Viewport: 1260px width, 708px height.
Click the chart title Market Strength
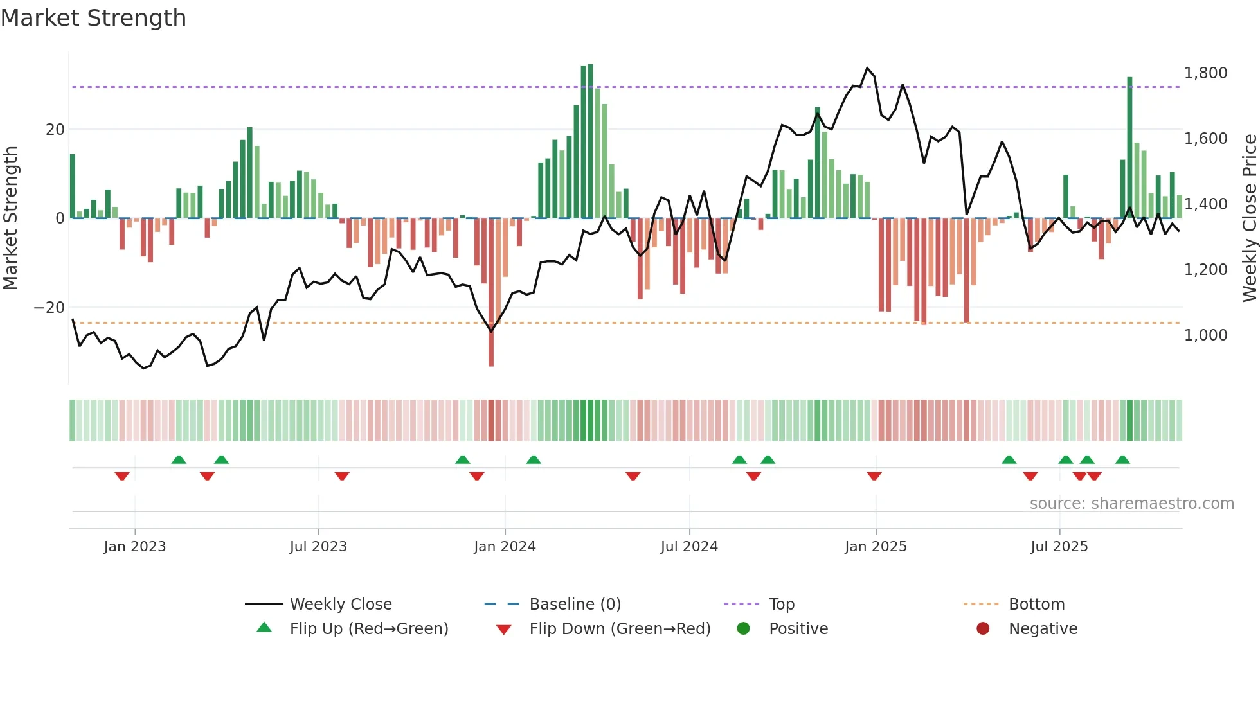pyautogui.click(x=93, y=18)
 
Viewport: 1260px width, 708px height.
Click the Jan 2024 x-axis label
pyautogui.click(x=505, y=547)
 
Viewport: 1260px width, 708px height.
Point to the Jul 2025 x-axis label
pyautogui.click(x=1059, y=547)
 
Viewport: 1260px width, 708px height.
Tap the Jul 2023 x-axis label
pyautogui.click(x=318, y=547)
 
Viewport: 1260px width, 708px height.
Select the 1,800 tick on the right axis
pyautogui.click(x=1205, y=73)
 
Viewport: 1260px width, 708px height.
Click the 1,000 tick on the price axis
pyautogui.click(x=1205, y=335)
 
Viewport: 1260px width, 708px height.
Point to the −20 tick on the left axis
pyautogui.click(x=50, y=308)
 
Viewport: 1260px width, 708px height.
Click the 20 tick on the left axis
pyautogui.click(x=55, y=130)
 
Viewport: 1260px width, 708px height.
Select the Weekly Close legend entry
pyautogui.click(x=340, y=605)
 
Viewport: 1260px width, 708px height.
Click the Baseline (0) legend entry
pyautogui.click(x=575, y=605)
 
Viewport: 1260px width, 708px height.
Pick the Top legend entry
pyautogui.click(x=781, y=605)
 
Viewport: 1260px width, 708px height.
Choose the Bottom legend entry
pyautogui.click(x=1036, y=605)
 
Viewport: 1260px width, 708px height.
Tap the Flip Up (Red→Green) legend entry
pyautogui.click(x=368, y=629)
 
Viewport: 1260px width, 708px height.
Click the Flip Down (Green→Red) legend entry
pyautogui.click(x=620, y=629)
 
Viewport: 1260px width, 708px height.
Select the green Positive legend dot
pyautogui.click(x=744, y=629)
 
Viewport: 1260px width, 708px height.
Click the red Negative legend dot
pyautogui.click(x=983, y=629)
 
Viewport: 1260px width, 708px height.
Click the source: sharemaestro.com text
pyautogui.click(x=1131, y=504)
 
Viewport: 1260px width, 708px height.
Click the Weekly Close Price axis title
pyautogui.click(x=1249, y=218)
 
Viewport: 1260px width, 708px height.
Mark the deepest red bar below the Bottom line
pyautogui.click(x=491, y=347)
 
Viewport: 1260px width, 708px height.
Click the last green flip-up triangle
pyautogui.click(x=1122, y=460)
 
